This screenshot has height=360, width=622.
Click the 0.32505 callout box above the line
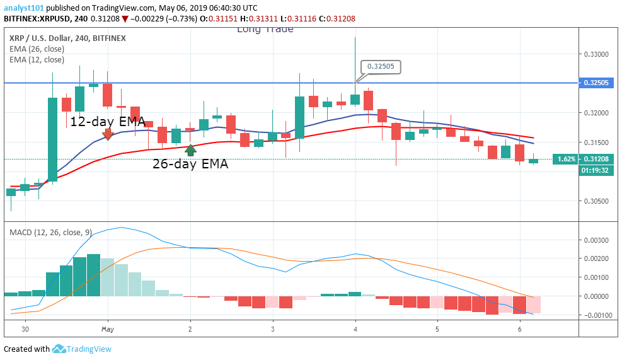coord(381,67)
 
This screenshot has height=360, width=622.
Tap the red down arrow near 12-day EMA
coord(108,134)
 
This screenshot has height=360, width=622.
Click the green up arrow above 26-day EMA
coord(190,150)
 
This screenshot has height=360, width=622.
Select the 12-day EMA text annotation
coord(107,122)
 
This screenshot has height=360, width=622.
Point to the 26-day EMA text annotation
coord(190,165)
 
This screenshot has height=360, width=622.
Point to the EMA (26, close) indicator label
coord(37,49)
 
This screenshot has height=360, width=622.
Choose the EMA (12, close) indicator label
coord(37,59)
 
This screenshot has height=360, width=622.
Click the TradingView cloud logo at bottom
coord(60,349)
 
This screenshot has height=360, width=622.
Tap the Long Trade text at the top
coord(265,29)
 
